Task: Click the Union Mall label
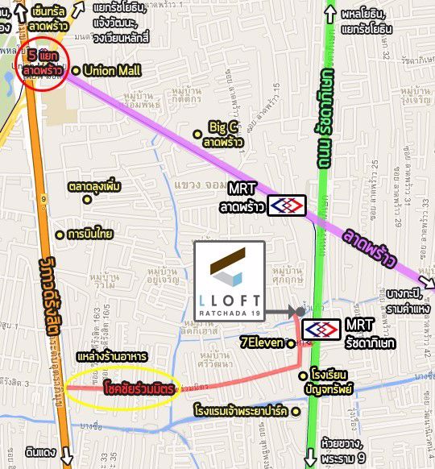point(112,71)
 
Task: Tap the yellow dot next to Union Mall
point(76,71)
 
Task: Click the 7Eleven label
point(262,342)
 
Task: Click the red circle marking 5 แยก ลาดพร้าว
point(39,63)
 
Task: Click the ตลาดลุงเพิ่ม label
point(94,187)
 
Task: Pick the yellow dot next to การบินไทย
point(59,235)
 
